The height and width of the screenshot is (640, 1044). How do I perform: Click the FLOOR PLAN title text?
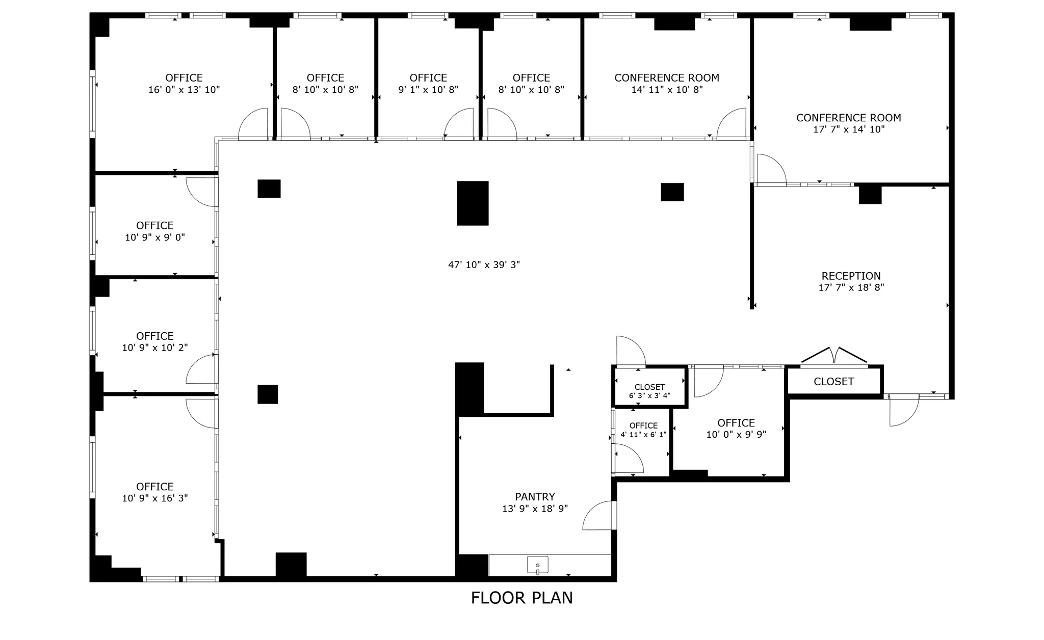point(521,598)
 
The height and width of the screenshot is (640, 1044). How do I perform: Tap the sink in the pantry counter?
point(537,565)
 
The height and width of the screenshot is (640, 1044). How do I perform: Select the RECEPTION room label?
point(851,276)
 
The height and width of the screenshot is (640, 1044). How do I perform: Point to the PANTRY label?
point(535,496)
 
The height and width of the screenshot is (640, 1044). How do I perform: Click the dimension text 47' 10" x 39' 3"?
point(484,264)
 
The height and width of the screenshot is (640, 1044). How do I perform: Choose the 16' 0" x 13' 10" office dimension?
point(184,90)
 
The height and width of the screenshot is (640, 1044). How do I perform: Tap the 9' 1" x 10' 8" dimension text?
point(428,90)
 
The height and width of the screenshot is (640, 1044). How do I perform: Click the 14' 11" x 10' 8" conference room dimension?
point(667,90)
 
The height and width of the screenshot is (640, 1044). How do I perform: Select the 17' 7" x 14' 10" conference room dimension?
point(849,129)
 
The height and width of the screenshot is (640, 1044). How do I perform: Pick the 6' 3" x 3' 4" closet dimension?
point(649,395)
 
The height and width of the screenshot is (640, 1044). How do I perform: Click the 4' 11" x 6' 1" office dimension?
point(643,435)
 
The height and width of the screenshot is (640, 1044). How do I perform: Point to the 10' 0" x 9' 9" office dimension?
point(736,435)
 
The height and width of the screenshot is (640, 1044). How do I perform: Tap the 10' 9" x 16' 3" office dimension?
point(155,498)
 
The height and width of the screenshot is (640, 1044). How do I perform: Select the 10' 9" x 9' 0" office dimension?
point(155,237)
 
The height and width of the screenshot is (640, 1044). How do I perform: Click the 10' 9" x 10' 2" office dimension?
point(155,348)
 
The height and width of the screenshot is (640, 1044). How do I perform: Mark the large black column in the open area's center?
point(473,203)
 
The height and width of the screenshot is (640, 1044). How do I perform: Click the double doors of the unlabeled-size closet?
point(834,356)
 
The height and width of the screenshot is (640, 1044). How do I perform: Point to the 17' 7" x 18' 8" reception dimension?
point(851,287)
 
